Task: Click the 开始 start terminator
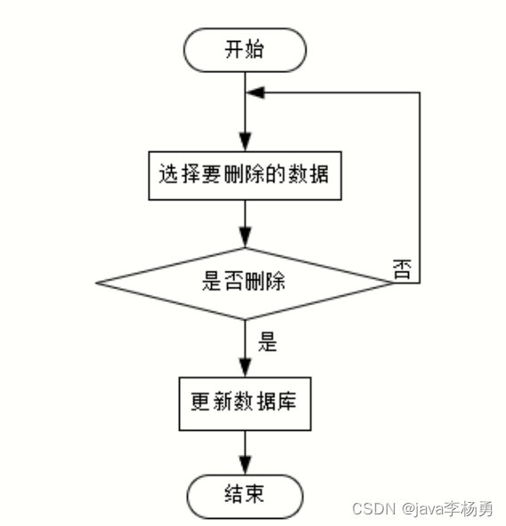(245, 50)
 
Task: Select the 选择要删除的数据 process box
(245, 176)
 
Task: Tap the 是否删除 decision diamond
(244, 283)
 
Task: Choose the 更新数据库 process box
(245, 403)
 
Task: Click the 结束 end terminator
(245, 496)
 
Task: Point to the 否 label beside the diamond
(402, 269)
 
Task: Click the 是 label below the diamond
(267, 342)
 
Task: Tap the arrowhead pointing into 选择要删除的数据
(245, 142)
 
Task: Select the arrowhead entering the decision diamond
(245, 238)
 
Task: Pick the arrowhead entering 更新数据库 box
(245, 368)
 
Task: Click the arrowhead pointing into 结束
(245, 465)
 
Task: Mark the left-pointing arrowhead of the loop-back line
(256, 93)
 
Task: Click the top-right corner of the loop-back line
(420, 93)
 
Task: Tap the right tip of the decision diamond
(393, 283)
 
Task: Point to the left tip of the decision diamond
(96, 283)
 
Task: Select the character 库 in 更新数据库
(285, 401)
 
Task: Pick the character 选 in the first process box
(168, 174)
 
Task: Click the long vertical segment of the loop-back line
(420, 188)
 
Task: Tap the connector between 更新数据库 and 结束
(245, 452)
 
